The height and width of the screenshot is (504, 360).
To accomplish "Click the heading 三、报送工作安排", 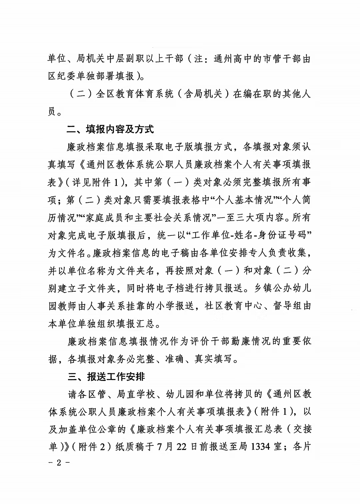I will [106, 376].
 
